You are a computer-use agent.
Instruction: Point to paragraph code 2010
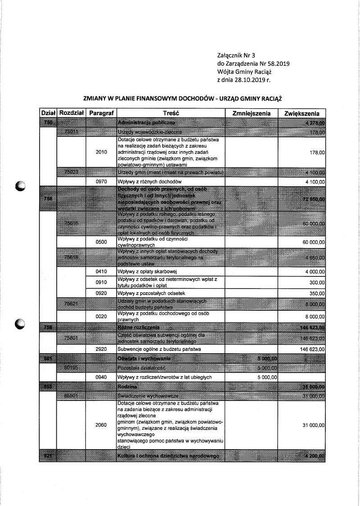tap(101, 153)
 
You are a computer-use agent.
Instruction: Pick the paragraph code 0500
tap(101, 242)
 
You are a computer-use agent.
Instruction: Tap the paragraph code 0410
tap(101, 271)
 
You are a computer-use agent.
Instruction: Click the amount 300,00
tap(318, 283)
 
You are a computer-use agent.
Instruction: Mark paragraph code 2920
tap(101, 349)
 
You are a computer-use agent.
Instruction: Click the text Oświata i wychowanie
tap(143, 359)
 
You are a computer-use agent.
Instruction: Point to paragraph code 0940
tap(101, 377)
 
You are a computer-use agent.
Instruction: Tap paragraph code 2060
tap(101, 425)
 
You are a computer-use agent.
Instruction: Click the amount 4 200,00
tap(314, 456)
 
